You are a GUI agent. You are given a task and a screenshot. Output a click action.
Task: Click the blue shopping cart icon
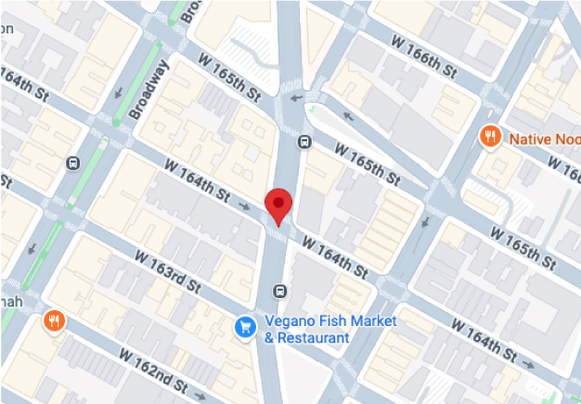tap(245, 326)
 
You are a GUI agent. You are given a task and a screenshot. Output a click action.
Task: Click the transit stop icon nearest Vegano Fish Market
tap(278, 292)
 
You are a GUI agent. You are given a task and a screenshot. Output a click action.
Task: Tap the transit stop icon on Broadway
tap(72, 163)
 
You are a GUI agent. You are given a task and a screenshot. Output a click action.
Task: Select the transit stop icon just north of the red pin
tap(304, 142)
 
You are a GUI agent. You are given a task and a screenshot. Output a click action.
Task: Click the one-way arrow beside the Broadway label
tap(120, 93)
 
